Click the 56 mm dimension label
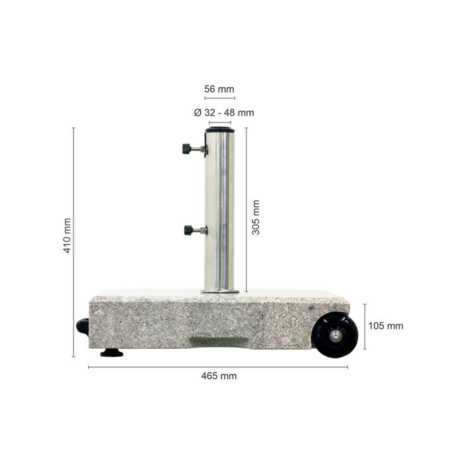(x=219, y=89)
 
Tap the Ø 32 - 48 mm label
(x=224, y=113)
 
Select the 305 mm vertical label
(x=256, y=217)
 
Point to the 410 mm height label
(x=68, y=235)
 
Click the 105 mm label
(x=386, y=326)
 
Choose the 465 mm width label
(x=219, y=376)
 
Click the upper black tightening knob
(x=186, y=148)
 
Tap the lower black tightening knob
(x=188, y=230)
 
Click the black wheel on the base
(x=335, y=335)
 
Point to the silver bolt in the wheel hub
(x=335, y=335)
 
